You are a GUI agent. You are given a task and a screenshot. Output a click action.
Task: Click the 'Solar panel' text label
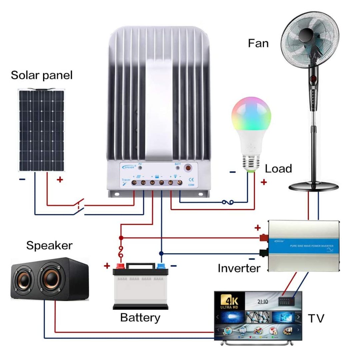point(42,75)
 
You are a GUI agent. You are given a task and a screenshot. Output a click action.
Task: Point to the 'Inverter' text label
point(238,268)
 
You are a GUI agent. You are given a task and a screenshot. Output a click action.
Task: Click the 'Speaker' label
point(49,246)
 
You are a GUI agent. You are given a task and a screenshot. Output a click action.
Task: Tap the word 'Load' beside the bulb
point(278,169)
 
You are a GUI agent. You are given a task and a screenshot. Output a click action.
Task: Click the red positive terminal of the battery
point(120,266)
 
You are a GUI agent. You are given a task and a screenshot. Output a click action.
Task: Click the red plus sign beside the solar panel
point(60,180)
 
